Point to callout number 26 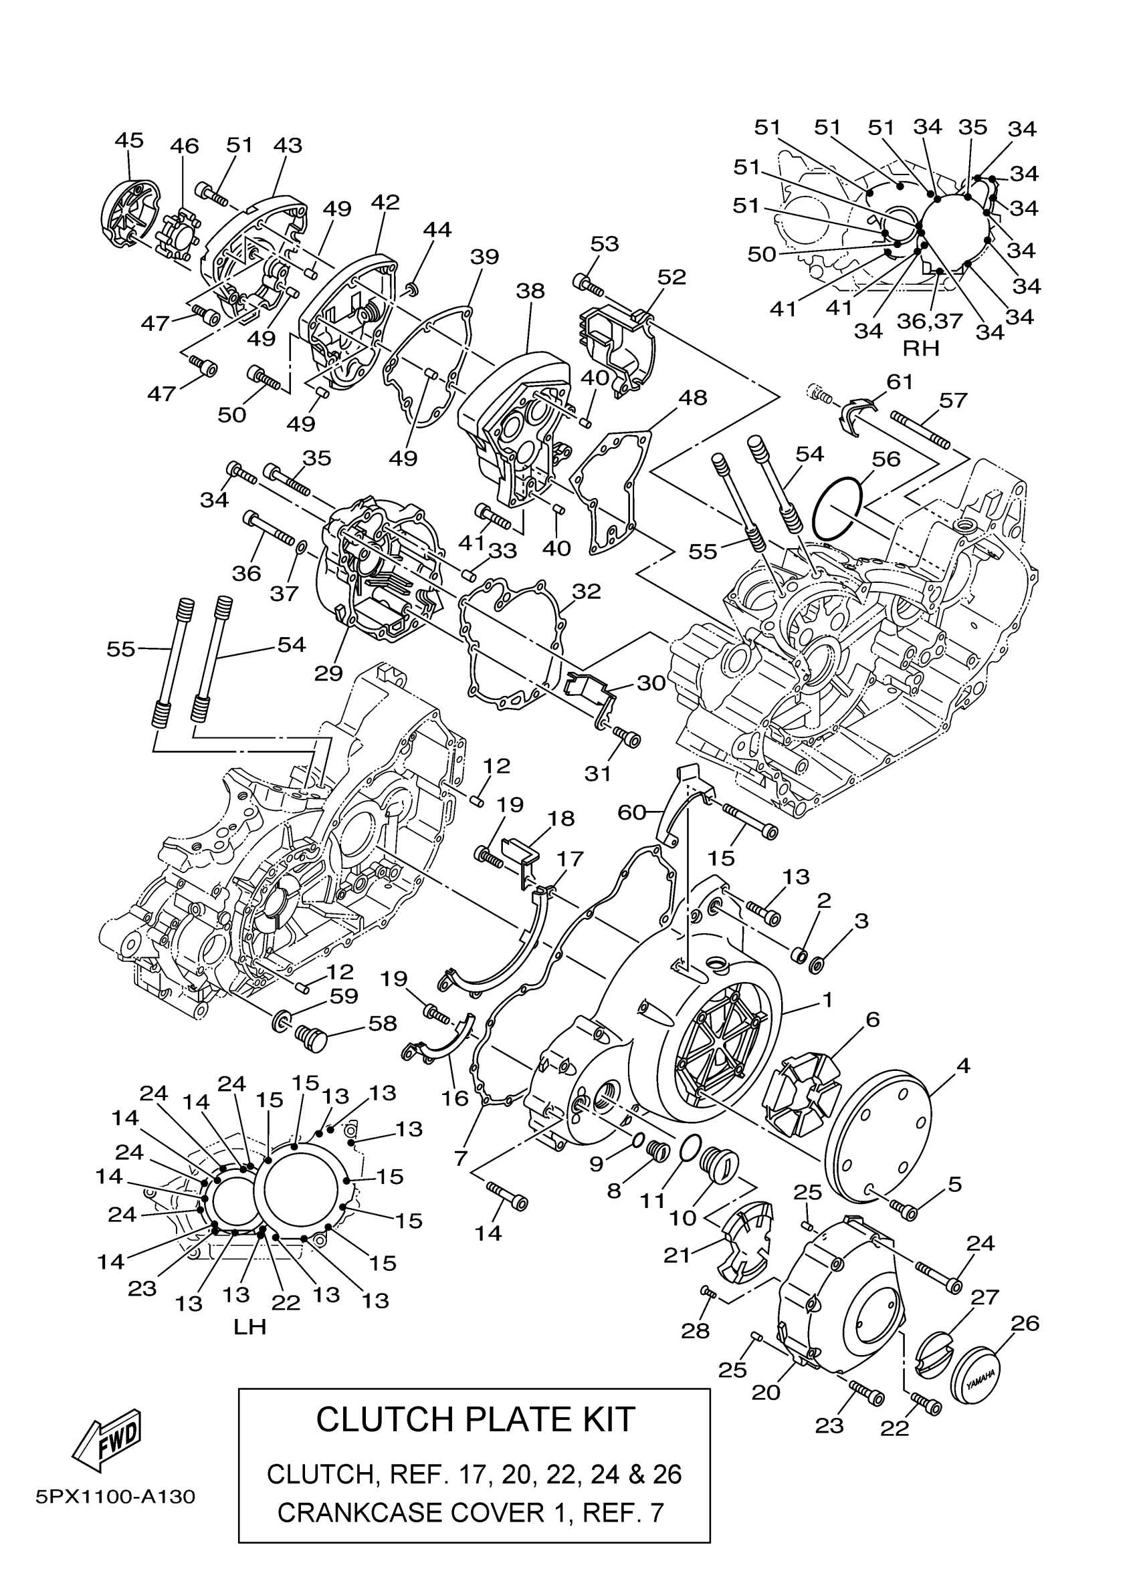coord(1025,1324)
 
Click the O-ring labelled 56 coord(837,509)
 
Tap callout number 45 coord(129,140)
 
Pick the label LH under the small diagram coord(250,1327)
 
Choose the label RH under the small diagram coord(921,349)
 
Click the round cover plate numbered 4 coord(882,1139)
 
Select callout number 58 coord(382,1022)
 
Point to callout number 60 coord(631,812)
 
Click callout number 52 coord(671,277)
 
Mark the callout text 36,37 coord(930,321)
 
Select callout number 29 coord(328,673)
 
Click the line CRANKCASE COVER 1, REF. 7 coord(471,1513)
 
